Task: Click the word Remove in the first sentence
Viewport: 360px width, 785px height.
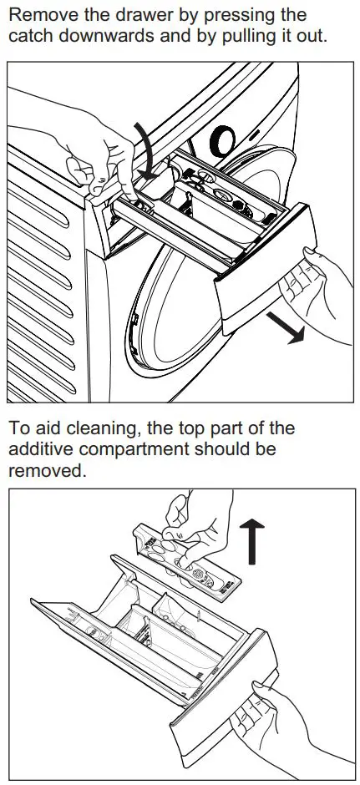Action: (x=38, y=15)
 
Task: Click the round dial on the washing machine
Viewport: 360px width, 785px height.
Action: (x=225, y=138)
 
